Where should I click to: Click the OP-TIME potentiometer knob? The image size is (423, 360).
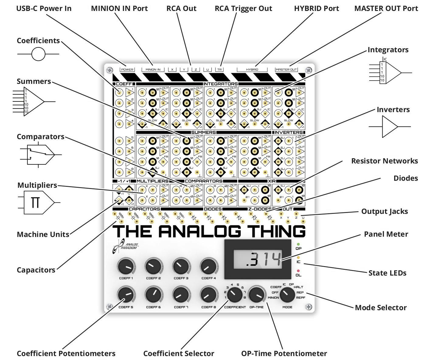click(x=256, y=294)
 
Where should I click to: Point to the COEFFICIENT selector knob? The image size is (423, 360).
click(x=234, y=294)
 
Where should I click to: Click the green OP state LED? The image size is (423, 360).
click(x=298, y=244)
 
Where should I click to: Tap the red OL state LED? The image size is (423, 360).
click(x=298, y=271)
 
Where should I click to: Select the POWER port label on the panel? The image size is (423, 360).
click(x=127, y=70)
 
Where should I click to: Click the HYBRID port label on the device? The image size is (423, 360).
click(x=252, y=70)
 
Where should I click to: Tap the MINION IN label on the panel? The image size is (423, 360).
click(x=153, y=70)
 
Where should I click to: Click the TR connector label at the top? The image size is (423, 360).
click(x=219, y=70)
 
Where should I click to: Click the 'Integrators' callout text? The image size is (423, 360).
click(x=388, y=50)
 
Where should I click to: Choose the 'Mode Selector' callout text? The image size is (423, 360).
click(x=380, y=307)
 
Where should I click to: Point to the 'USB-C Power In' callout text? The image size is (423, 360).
click(x=44, y=8)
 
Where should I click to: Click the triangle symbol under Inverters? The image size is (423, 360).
click(x=390, y=126)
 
